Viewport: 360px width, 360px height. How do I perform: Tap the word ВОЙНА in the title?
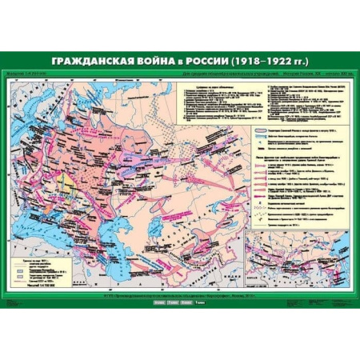[166, 62]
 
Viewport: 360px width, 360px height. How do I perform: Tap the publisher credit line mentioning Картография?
[180, 295]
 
